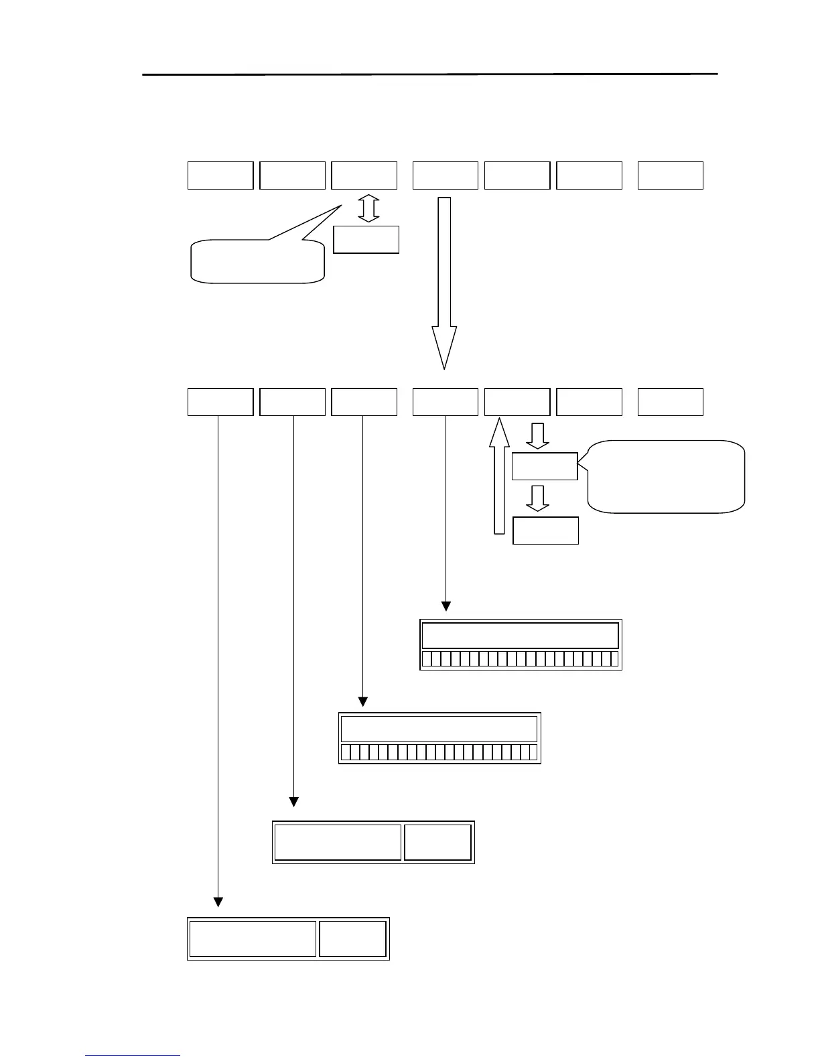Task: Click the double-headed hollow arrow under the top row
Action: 368,209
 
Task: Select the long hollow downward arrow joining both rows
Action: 444,281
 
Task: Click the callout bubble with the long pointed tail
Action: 259,261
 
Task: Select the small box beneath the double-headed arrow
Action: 366,240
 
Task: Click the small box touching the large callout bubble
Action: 544,466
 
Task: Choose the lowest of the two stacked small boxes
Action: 545,530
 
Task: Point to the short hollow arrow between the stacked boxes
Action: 537,498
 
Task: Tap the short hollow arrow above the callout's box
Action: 537,435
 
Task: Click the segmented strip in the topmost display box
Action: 520,658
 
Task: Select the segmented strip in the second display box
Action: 439,752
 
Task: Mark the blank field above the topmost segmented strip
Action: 520,635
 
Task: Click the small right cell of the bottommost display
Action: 352,939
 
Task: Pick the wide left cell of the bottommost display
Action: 253,939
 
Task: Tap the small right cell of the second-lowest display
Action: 437,842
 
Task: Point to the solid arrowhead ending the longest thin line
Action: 218,901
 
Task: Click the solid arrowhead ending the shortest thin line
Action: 446,606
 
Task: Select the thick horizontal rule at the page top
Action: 429,74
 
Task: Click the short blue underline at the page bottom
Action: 133,1056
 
